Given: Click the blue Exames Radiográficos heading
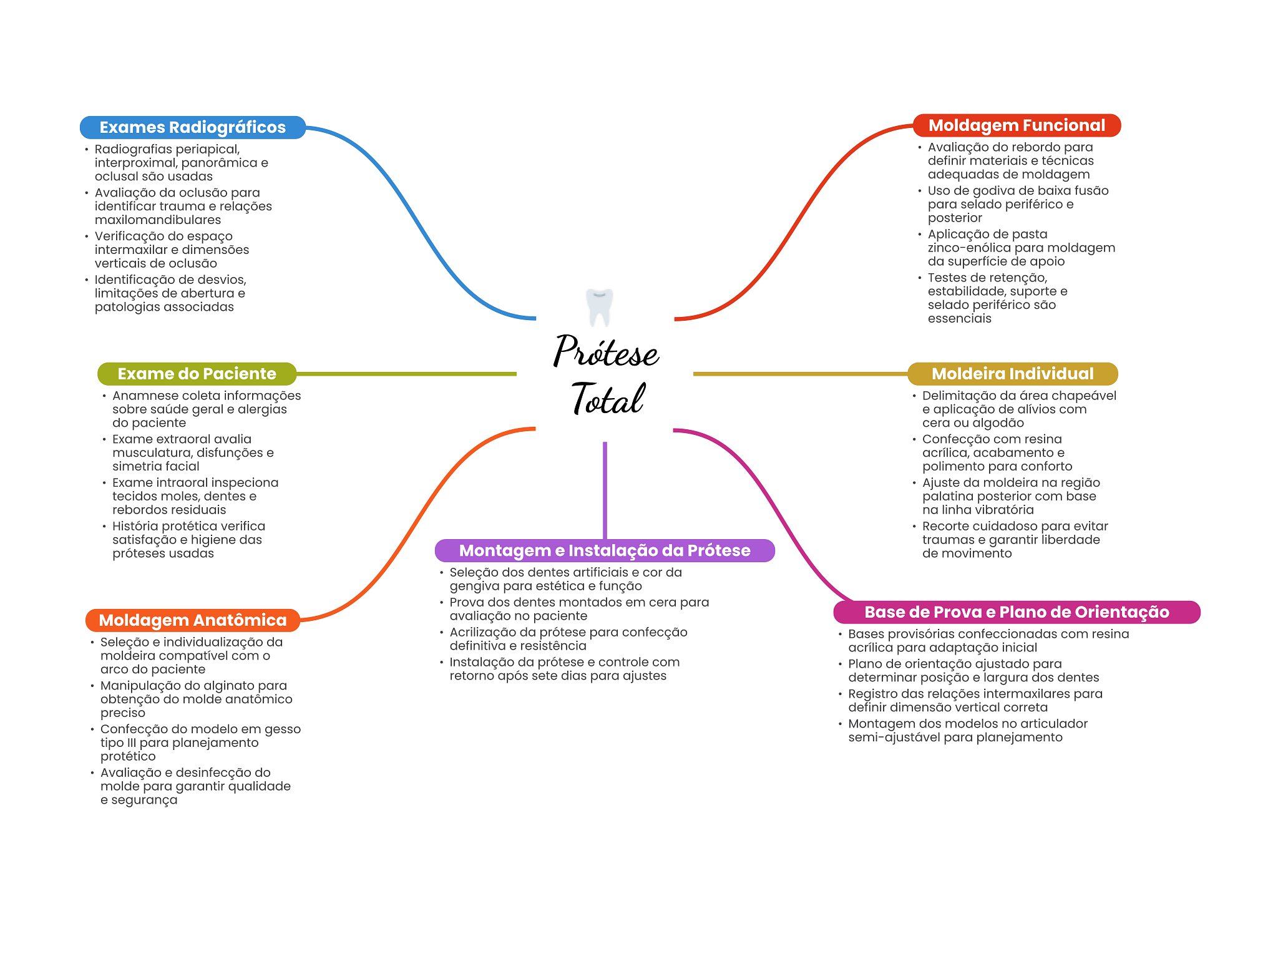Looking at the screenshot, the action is click(x=193, y=127).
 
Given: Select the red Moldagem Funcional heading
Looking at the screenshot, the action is click(x=1017, y=125).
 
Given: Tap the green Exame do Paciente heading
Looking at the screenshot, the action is click(x=197, y=374).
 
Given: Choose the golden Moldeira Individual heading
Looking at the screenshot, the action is click(x=1012, y=374).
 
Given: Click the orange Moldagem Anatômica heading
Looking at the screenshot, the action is click(x=193, y=620).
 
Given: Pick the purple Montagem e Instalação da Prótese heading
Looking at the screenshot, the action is click(x=605, y=550).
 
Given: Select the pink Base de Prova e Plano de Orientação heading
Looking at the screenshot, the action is click(x=1017, y=612).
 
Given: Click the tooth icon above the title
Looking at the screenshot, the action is click(x=600, y=307).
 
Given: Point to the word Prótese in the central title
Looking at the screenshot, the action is click(x=606, y=351).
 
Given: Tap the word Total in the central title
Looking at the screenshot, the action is click(x=608, y=399).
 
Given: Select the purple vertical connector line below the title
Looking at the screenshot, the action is click(x=605, y=490).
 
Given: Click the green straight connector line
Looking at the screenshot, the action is click(x=406, y=374).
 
